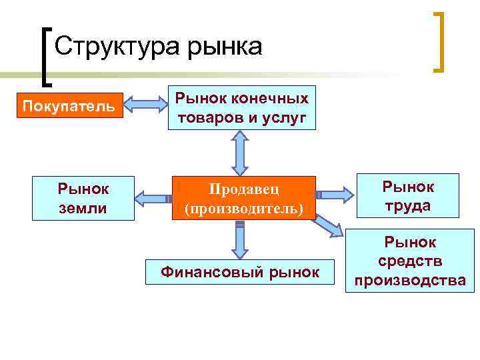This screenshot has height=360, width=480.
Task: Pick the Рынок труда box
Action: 408,196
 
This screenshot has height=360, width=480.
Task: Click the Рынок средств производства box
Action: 410,261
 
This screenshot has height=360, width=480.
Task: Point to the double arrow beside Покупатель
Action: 147,105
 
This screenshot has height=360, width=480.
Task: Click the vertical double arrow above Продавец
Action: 239,153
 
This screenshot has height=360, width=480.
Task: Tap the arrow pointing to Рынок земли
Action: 153,198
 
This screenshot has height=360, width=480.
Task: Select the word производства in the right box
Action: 410,280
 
